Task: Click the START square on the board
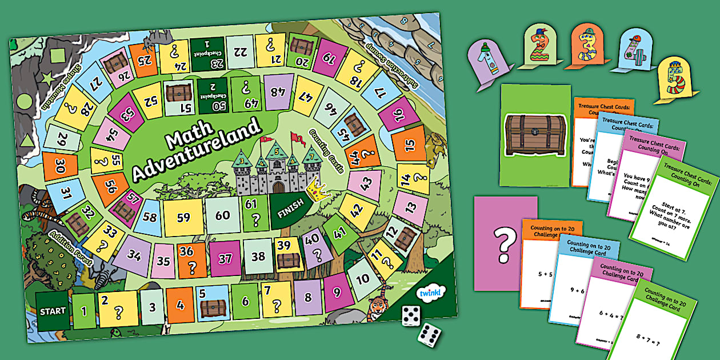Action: coord(53,311)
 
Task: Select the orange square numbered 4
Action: coord(181,305)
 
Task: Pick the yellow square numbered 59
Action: coord(183,218)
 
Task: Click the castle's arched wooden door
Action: coord(278,187)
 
